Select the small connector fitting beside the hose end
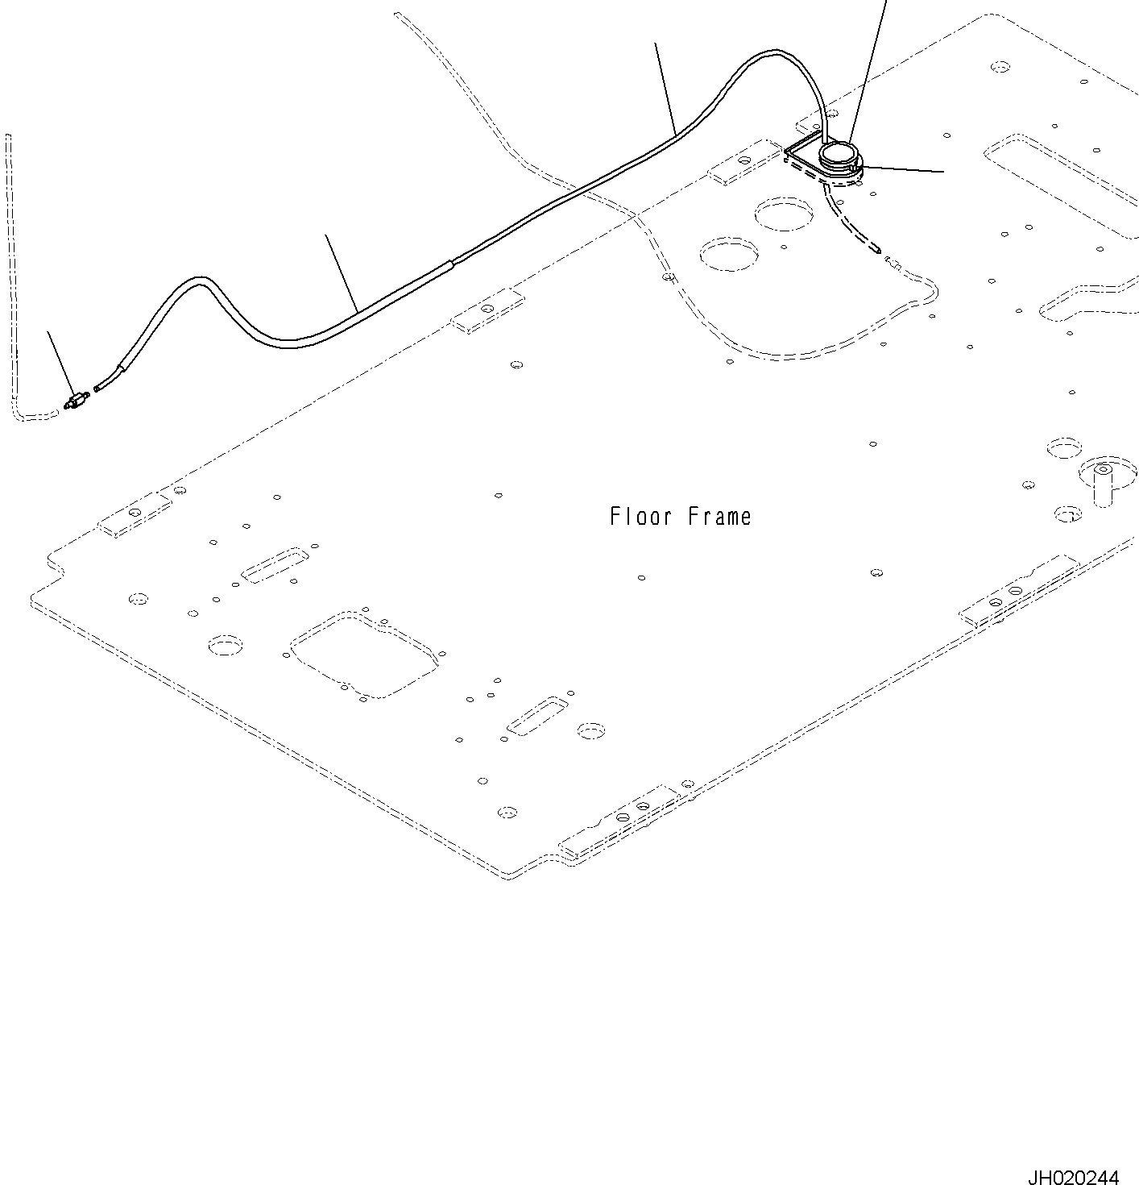point(77,399)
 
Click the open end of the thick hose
point(97,389)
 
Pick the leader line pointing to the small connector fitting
point(60,360)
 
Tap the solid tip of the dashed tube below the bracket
point(876,250)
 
